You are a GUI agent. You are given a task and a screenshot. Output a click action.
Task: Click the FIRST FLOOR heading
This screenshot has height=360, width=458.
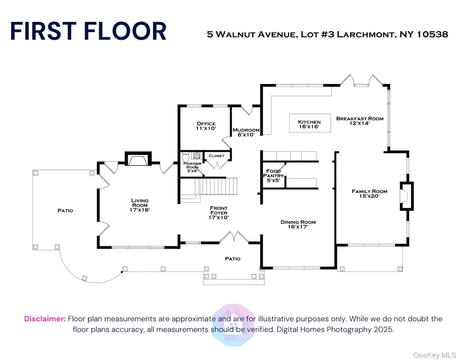point(88,31)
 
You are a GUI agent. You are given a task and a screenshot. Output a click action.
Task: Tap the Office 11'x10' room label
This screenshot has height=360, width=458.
point(206,126)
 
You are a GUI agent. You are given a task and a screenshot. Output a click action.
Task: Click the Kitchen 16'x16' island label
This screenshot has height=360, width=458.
point(309,124)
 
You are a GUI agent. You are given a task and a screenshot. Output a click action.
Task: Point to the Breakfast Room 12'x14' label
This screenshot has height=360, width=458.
point(360,121)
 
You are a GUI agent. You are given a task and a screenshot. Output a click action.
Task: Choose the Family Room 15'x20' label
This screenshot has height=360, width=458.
point(369,194)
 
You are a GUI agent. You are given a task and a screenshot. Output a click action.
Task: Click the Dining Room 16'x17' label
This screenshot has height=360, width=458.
point(298,225)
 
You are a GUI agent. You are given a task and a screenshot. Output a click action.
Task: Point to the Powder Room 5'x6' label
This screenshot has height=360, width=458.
point(192,165)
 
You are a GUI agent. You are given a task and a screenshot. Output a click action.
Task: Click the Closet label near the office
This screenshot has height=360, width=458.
point(216,156)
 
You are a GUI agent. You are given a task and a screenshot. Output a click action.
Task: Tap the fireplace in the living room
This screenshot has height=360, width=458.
point(137,160)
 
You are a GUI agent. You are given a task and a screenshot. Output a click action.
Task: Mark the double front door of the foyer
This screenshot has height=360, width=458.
point(233,238)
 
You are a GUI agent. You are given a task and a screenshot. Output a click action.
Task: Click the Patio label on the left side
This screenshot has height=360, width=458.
point(65,210)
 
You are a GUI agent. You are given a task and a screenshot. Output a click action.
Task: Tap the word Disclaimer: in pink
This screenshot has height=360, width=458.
point(45,319)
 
